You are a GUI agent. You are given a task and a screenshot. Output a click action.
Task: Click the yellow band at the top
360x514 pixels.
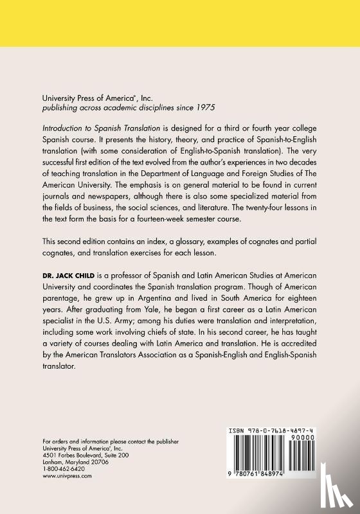click(180, 32)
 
